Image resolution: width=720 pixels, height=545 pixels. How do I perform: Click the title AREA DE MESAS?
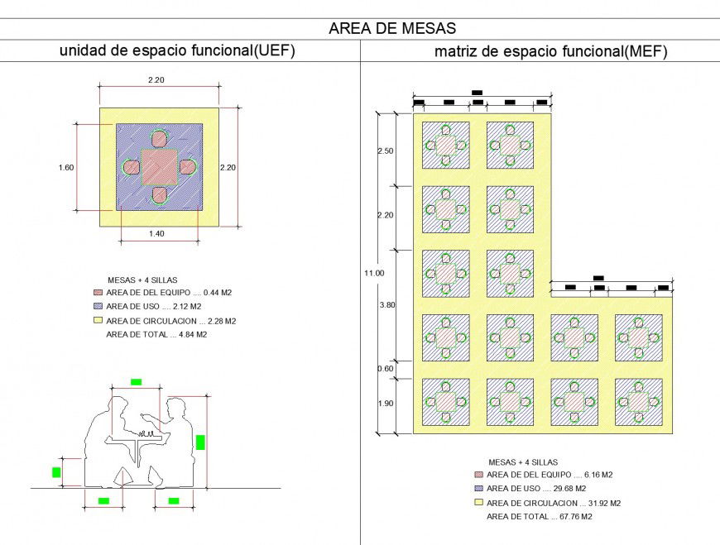click(x=391, y=28)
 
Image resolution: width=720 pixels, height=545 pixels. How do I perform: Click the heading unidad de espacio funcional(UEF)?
click(x=177, y=50)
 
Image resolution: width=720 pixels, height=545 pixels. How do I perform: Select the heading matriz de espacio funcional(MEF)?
click(x=550, y=51)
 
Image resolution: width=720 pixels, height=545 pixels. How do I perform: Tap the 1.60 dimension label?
click(x=66, y=167)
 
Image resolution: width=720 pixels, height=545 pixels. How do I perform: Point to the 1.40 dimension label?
click(x=156, y=234)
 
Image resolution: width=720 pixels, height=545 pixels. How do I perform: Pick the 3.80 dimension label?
click(x=386, y=305)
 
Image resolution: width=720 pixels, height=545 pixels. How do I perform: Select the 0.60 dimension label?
click(x=386, y=369)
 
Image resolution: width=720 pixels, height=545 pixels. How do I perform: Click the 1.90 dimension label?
click(x=386, y=403)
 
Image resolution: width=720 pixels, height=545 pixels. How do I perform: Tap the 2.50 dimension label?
click(x=386, y=151)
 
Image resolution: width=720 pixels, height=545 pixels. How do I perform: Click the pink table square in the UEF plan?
click(x=159, y=167)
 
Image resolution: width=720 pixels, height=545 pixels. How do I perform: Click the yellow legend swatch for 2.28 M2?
click(x=98, y=320)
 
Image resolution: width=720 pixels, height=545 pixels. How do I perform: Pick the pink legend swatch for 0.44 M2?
click(x=98, y=292)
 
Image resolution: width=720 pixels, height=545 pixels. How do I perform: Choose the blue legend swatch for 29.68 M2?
click(x=478, y=488)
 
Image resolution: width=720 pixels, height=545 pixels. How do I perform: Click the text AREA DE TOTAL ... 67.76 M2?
click(x=540, y=516)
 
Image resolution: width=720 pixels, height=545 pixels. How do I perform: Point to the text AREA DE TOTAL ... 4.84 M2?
click(x=156, y=334)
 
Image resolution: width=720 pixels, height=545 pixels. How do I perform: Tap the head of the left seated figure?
click(x=119, y=406)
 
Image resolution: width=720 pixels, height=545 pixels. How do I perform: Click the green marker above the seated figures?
click(x=137, y=381)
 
